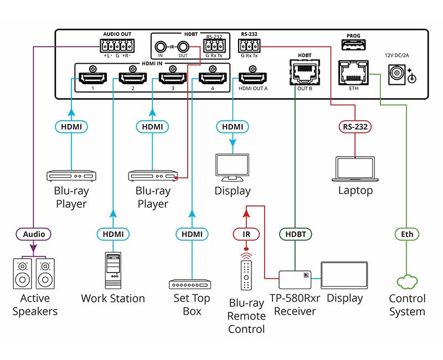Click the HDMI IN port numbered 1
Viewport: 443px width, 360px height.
tap(91, 78)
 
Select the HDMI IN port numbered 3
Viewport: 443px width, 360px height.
tap(173, 78)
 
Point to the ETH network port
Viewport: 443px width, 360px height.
tap(353, 73)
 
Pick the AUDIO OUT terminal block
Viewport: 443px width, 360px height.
tap(117, 46)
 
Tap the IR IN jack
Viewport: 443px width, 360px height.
tap(160, 48)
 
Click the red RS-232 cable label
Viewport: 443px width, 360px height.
tap(355, 127)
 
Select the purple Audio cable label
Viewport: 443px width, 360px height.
tap(34, 234)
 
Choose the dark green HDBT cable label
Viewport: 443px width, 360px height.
tap(295, 234)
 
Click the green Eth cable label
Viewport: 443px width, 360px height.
tap(407, 234)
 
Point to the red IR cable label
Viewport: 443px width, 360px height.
tap(246, 234)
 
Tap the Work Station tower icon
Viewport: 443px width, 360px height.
tap(112, 271)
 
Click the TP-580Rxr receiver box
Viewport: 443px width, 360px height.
tap(295, 279)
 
